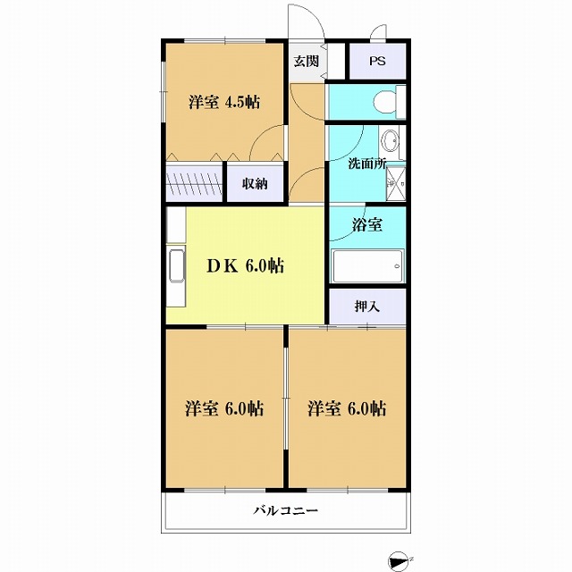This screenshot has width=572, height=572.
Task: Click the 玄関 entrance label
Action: pos(306,61)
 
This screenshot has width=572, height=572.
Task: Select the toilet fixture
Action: pos(386,103)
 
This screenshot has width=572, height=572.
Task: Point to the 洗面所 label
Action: pos(367,165)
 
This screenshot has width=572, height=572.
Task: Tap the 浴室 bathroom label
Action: pos(367,224)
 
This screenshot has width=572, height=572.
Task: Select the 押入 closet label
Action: pos(367,306)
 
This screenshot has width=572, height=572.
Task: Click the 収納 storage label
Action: pos(255,183)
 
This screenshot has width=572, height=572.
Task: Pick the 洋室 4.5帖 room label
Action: pos(223,101)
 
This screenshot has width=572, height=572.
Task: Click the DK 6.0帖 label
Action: pos(247,265)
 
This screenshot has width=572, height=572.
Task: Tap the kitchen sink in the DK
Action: pos(175,267)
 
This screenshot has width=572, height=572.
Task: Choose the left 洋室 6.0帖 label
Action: pos(223,408)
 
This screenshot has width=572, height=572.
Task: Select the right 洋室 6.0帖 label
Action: pos(347,408)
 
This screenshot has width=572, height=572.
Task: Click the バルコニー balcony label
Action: pos(286,512)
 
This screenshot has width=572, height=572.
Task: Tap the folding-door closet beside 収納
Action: pos(194,178)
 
